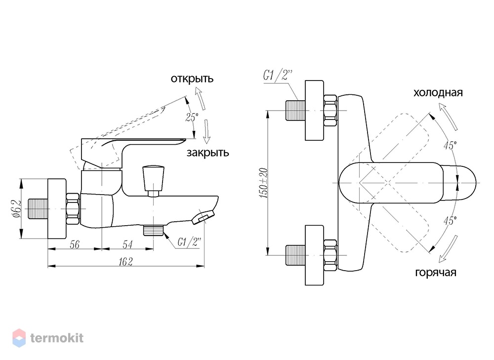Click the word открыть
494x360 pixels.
192,79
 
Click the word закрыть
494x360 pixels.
207,153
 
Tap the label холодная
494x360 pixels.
438,93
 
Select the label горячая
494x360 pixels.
436,272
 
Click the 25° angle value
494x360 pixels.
192,117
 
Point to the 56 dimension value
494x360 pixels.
75,244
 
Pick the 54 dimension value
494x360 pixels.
127,244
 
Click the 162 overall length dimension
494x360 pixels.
125,261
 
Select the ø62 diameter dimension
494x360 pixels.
17,208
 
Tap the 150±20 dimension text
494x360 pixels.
263,183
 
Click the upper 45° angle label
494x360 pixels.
450,146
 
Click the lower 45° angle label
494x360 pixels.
450,221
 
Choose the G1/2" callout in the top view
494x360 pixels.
278,76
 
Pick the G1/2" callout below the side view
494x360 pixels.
189,242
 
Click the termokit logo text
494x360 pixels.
57,338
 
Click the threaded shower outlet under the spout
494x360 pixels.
154,230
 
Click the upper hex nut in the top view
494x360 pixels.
330,111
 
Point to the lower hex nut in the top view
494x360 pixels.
330,255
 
